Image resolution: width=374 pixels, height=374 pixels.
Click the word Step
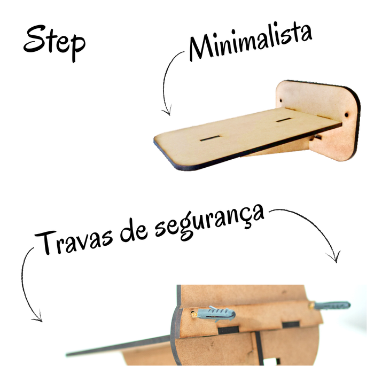[x=54, y=43]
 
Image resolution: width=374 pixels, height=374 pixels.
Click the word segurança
[x=210, y=222]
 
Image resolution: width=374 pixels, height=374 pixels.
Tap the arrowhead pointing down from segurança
[x=334, y=256]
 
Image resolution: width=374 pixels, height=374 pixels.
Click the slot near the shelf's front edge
[x=209, y=138]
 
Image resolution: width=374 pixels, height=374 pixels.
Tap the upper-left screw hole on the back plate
[x=280, y=100]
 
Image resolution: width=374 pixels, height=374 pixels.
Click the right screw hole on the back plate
[x=346, y=115]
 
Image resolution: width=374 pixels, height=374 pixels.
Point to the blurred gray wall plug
[x=332, y=306]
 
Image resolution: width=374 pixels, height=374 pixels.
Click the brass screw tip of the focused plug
[x=194, y=314]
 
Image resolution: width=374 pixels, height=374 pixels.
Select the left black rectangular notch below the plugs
[x=228, y=330]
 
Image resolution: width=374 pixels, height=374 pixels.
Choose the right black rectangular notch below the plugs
[x=291, y=324]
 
